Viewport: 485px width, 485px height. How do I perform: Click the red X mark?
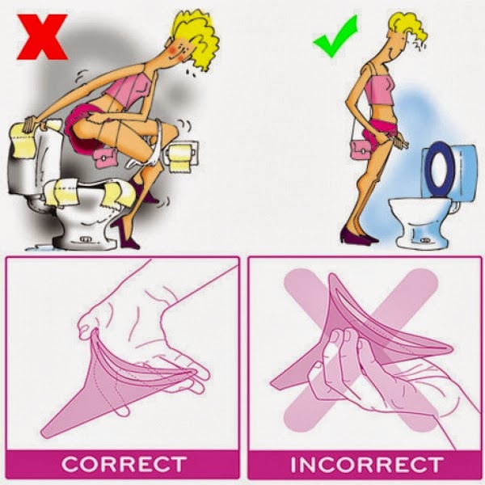click(x=42, y=37)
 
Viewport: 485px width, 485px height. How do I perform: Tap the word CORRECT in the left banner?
click(x=124, y=465)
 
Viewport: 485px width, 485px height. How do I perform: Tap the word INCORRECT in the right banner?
click(x=366, y=465)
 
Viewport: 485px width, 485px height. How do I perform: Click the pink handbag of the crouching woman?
click(x=104, y=158)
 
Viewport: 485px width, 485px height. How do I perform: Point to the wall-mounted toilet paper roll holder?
click(x=183, y=155)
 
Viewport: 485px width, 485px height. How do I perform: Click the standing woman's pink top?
click(x=378, y=90)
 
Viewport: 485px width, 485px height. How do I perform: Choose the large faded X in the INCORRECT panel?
click(x=361, y=349)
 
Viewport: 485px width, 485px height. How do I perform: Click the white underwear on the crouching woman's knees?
click(x=148, y=149)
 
